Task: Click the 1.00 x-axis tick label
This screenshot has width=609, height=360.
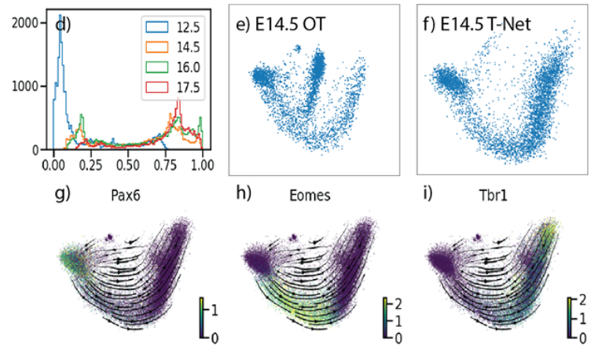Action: click(202, 165)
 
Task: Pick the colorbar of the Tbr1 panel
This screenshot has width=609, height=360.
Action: click(568, 318)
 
